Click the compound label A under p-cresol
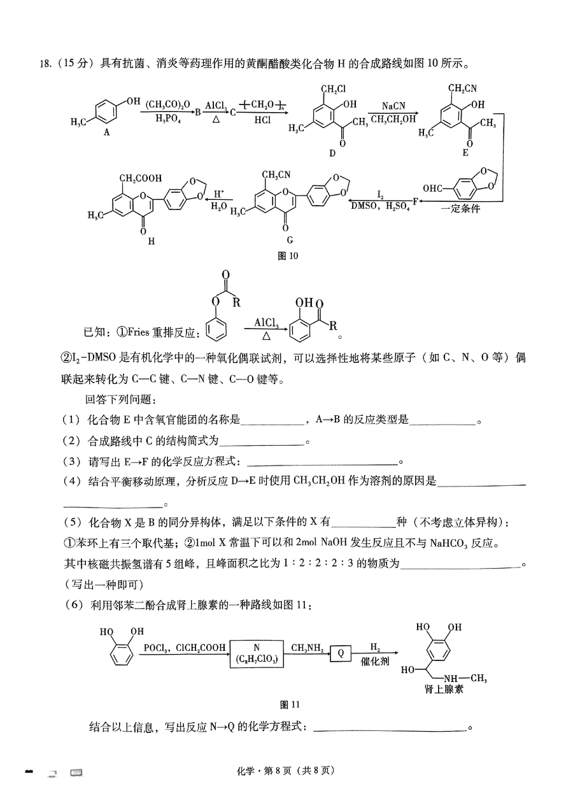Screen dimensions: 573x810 [107, 132]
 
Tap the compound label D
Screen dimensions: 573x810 [332, 153]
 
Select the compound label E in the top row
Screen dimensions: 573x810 [465, 153]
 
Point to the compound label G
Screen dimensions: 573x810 [290, 239]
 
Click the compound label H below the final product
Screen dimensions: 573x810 [152, 241]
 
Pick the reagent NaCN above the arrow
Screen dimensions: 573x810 [393, 106]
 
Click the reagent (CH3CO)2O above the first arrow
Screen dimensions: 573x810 [167, 105]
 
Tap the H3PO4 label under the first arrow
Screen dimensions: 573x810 [168, 118]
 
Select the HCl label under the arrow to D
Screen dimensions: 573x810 [262, 120]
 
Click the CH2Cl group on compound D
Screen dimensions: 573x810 [334, 89]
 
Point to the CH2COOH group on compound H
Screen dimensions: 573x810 [141, 178]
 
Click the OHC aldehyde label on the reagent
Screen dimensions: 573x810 [432, 188]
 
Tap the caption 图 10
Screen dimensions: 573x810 [288, 256]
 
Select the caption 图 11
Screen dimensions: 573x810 [290, 704]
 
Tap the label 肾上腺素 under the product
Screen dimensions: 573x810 [444, 689]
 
